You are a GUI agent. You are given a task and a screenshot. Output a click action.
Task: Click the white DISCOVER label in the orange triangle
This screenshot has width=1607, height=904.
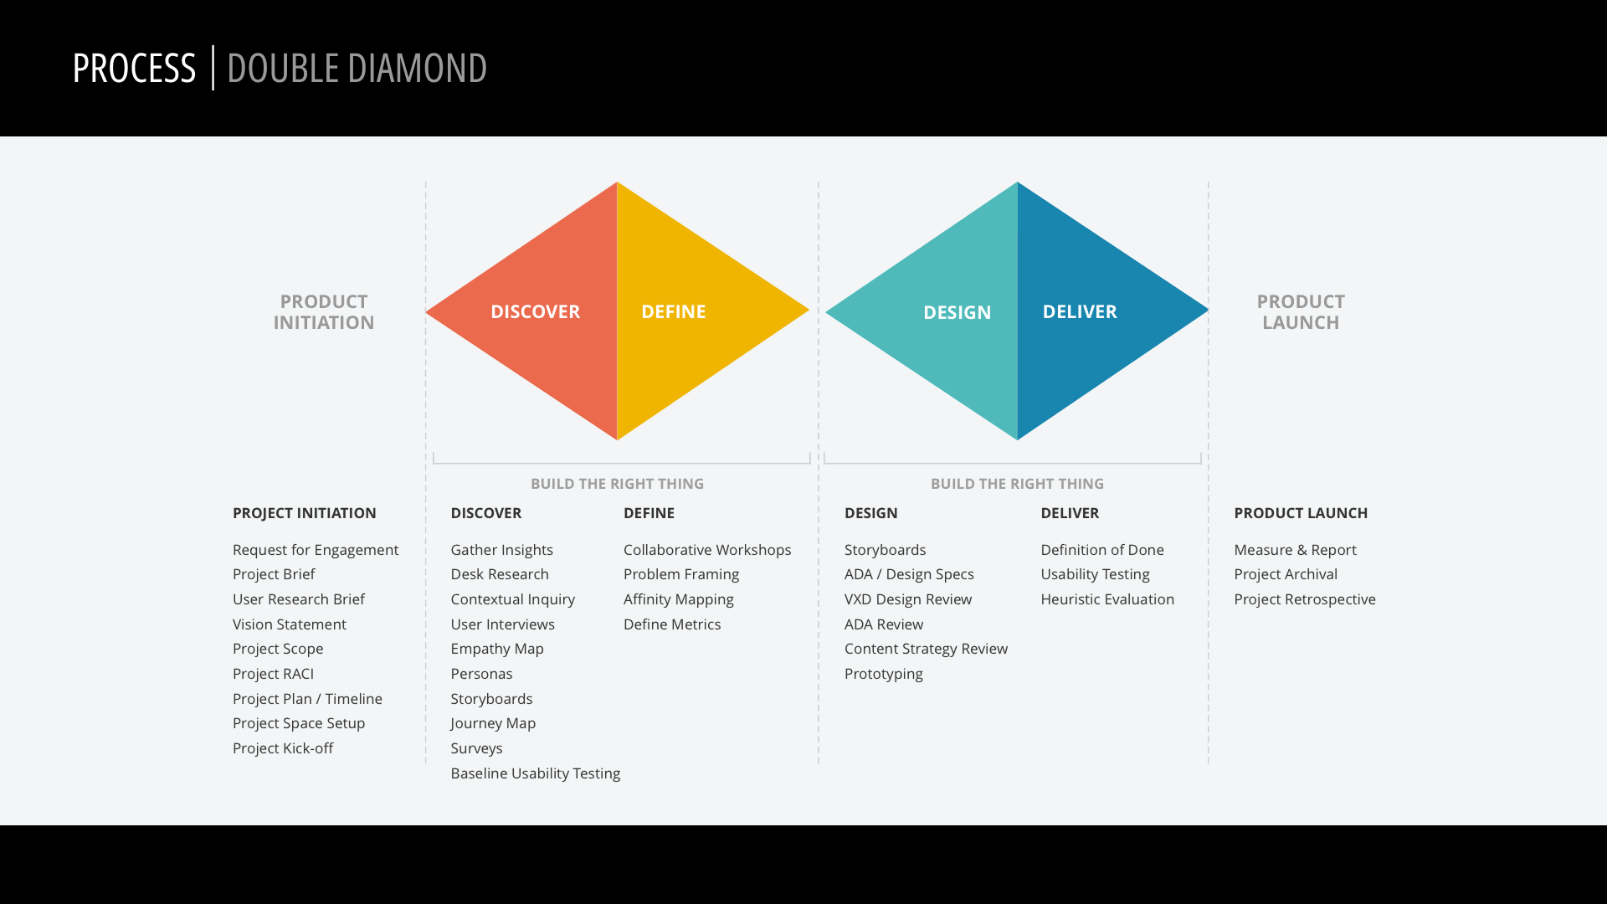pos(535,311)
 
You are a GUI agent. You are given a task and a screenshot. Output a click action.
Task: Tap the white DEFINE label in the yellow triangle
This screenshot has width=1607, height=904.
pos(674,311)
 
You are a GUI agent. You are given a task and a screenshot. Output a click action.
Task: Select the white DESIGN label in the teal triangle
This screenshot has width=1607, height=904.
pos(957,312)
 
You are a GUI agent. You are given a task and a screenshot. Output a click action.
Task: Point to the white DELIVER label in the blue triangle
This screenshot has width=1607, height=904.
pos(1080,311)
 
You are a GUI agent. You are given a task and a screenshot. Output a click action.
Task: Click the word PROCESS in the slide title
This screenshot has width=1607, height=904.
pos(134,68)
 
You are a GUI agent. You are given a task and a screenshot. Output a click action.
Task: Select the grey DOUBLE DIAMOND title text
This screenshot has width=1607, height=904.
pos(357,68)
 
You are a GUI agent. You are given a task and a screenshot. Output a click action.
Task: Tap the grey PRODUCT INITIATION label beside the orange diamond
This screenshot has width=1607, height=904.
pos(324,312)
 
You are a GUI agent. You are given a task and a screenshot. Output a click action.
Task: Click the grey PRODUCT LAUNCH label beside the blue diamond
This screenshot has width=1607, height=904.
pos(1301,312)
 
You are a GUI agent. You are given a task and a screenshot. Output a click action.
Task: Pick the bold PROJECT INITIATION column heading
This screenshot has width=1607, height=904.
pos(305,513)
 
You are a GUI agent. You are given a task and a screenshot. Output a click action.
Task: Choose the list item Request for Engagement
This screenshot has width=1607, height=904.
pos(316,550)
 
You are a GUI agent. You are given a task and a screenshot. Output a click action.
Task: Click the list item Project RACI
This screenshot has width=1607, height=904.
pos(273,674)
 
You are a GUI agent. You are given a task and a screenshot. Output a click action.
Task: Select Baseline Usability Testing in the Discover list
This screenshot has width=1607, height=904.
pos(536,773)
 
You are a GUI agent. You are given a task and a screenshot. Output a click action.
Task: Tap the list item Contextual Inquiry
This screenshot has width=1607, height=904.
pos(513,599)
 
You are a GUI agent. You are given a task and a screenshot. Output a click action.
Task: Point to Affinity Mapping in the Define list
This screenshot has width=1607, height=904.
pos(679,599)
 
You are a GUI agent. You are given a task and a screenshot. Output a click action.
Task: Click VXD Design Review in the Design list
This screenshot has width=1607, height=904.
pos(908,599)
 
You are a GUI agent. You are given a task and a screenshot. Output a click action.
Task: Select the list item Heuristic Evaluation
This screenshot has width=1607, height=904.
pos(1107,599)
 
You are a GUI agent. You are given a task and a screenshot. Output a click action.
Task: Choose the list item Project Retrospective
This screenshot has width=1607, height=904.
pos(1305,599)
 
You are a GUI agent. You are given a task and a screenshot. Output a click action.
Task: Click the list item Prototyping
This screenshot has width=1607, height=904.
pos(884,674)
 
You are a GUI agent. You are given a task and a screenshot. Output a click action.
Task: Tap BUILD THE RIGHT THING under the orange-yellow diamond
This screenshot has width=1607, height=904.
pos(618,484)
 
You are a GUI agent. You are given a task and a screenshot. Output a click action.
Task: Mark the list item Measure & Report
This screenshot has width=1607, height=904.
pos(1295,550)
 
